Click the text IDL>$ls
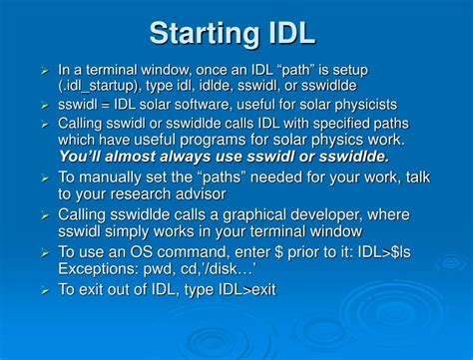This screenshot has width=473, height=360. tap(372, 252)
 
